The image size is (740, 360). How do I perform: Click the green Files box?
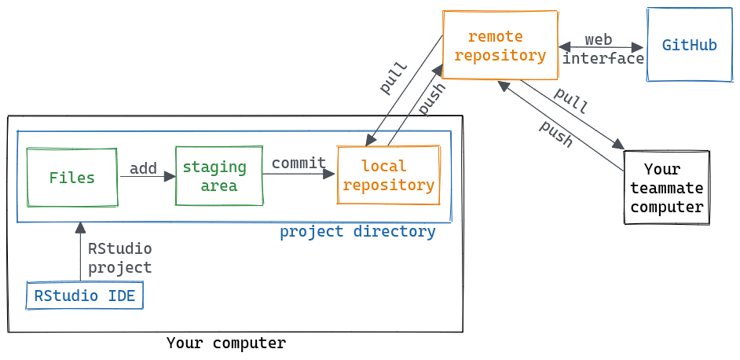[x=71, y=178]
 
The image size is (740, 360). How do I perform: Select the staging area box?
[x=218, y=177]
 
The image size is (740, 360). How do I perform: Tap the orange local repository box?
[x=388, y=176]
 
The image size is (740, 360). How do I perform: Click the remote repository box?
[x=500, y=46]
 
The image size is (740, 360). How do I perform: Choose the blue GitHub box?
[x=689, y=45]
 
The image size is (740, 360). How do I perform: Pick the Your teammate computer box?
[x=666, y=189]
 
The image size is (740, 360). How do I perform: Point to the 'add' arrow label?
[x=143, y=168]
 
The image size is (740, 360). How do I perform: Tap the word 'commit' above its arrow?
[x=299, y=163]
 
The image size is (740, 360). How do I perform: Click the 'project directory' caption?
[x=357, y=232]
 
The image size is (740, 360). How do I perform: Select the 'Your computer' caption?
[x=226, y=343]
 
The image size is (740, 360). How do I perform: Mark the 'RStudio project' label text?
[x=119, y=258]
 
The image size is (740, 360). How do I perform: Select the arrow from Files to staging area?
[x=147, y=177]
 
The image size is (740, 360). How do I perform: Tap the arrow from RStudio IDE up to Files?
[x=79, y=252]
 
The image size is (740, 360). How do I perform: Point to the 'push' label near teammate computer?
[x=556, y=134]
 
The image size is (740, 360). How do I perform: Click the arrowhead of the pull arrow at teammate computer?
[x=618, y=145]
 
